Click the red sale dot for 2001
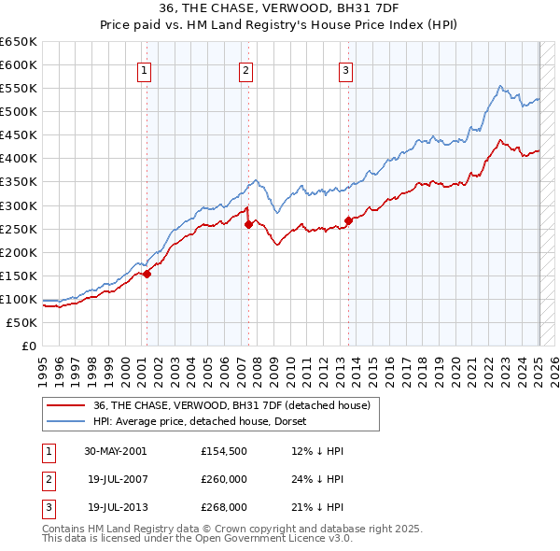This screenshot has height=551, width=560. click(x=147, y=274)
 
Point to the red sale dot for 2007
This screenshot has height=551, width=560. click(x=249, y=224)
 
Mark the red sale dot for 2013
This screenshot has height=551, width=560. click(x=349, y=220)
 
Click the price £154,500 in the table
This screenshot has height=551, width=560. click(x=224, y=451)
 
